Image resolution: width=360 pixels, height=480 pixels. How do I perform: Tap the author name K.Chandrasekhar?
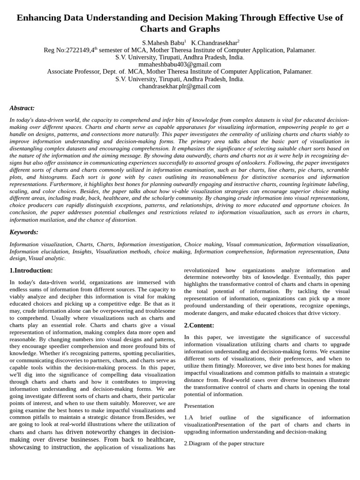tap(214, 43)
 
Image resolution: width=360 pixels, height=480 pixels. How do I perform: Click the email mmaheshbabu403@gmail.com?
tap(180, 64)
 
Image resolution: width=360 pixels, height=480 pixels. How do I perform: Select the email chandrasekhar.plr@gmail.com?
tap(180, 86)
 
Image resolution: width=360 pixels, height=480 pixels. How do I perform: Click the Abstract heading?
tap(22, 108)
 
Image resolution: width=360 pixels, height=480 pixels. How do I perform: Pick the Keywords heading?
tap(24, 232)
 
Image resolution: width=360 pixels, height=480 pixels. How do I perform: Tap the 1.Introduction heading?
tap(31, 270)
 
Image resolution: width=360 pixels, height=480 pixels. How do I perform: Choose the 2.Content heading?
tap(199, 325)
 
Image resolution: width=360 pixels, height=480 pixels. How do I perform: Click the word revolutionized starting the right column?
tap(202, 270)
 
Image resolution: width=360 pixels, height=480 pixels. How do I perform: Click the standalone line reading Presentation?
tap(199, 406)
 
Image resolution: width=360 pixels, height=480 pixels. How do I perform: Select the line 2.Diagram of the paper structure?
tap(224, 443)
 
